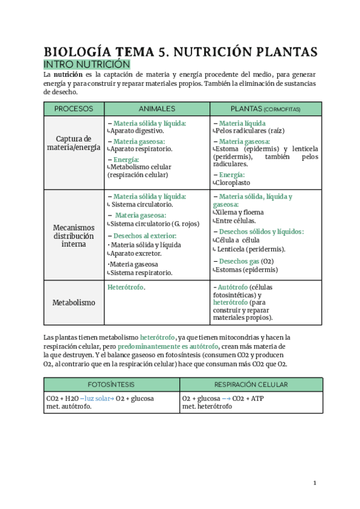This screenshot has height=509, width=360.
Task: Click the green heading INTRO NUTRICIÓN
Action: coord(87,64)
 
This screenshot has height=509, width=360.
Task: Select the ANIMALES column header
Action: coord(157,109)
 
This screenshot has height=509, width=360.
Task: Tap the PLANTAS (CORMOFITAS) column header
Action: coord(265,109)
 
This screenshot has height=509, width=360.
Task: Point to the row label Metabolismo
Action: coord(74,303)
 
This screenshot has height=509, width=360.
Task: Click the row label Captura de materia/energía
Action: coord(74,143)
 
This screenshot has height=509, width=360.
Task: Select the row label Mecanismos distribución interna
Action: coord(74,236)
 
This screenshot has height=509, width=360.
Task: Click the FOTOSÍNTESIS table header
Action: coord(112,385)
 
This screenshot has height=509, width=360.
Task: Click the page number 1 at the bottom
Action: coord(314,483)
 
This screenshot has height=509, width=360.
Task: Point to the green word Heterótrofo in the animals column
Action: coord(125,288)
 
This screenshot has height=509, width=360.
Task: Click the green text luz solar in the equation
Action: coord(97,399)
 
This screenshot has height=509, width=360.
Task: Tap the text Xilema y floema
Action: coord(239,212)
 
